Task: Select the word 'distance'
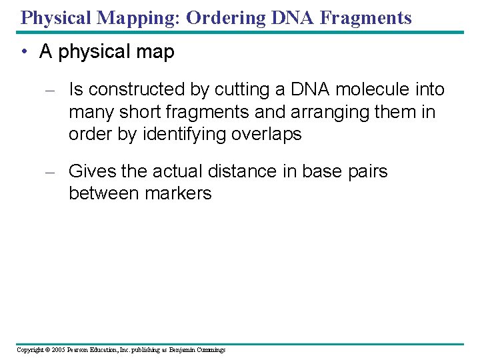point(243,171)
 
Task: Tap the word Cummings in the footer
point(210,350)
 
